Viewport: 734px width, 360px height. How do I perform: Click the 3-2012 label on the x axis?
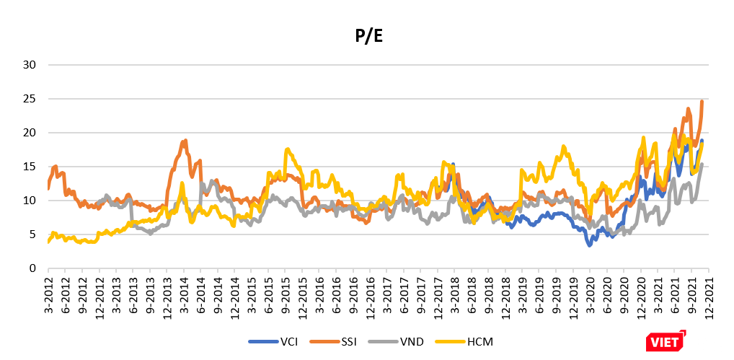48,292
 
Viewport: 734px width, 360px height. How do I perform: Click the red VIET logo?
665,341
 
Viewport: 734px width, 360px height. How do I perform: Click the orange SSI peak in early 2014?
185,141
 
